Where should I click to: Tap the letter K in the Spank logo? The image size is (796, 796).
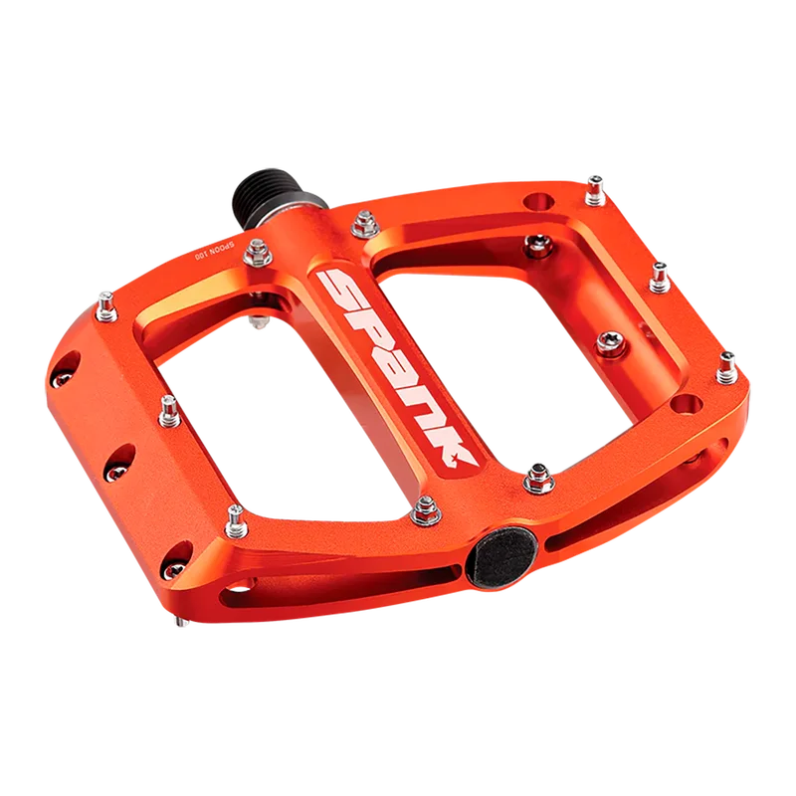451,447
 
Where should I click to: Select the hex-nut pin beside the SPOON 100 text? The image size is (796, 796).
258,253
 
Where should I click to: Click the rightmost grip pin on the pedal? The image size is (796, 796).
727,367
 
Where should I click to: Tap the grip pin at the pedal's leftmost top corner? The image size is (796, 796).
107,306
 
